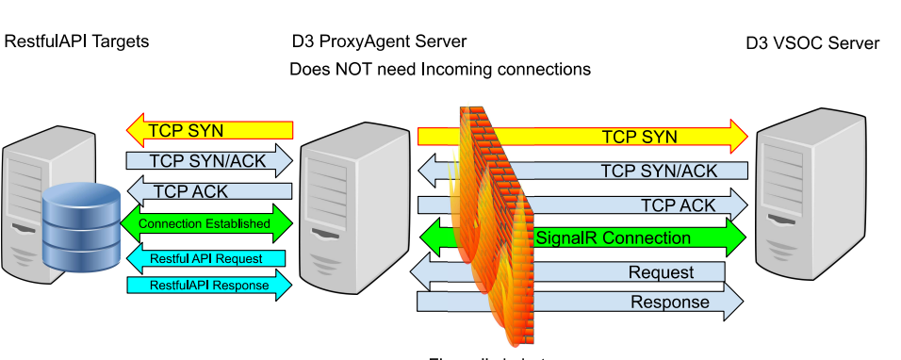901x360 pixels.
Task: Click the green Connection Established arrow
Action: [x=207, y=224]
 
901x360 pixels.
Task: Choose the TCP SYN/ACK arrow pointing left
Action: [x=603, y=171]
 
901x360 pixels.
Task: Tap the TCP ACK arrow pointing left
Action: [x=207, y=191]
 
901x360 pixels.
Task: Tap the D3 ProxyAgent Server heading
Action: [x=379, y=42]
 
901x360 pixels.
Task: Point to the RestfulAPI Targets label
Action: [x=77, y=41]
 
